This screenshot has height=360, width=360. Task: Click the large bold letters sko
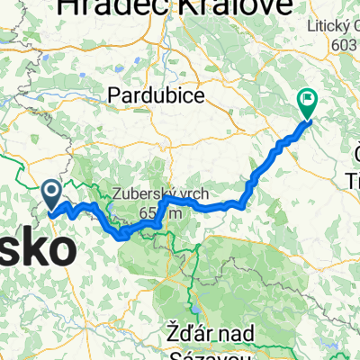point(37,249)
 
